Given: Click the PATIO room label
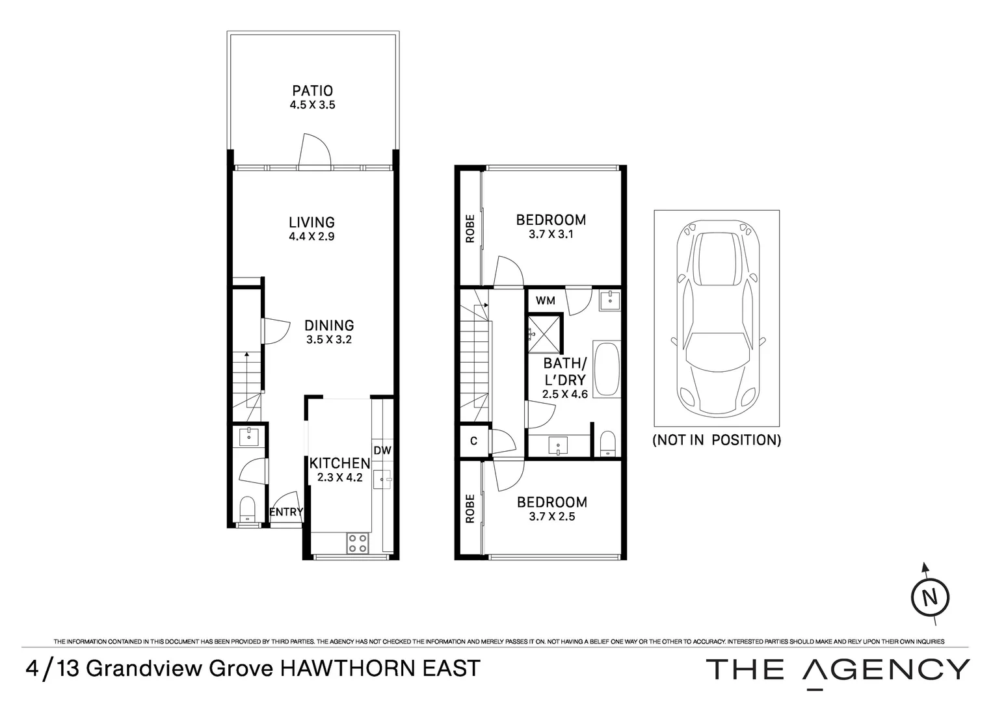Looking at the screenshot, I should click(x=312, y=91).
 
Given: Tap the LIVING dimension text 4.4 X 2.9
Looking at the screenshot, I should click(x=311, y=237).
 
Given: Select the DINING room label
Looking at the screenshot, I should click(x=329, y=325).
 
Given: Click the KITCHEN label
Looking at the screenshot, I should click(x=339, y=463).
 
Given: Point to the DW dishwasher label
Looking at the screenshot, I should click(x=382, y=450).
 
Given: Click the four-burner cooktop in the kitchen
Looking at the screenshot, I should click(x=356, y=543).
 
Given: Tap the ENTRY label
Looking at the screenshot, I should click(x=286, y=512).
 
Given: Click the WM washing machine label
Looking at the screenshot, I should click(x=545, y=301).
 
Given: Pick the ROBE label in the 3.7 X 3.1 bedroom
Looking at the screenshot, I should click(x=470, y=229).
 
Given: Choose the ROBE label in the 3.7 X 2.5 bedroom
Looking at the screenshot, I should click(x=470, y=508).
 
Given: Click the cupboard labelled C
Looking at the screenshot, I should click(x=473, y=441).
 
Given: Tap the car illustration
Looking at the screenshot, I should click(x=716, y=318).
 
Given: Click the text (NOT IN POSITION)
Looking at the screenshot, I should click(x=717, y=440).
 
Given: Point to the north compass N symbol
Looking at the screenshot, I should click(x=931, y=597).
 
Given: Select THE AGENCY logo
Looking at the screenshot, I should click(x=838, y=669).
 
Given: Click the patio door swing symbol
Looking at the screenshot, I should click(x=315, y=151).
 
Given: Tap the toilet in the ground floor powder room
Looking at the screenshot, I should click(x=248, y=508).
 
